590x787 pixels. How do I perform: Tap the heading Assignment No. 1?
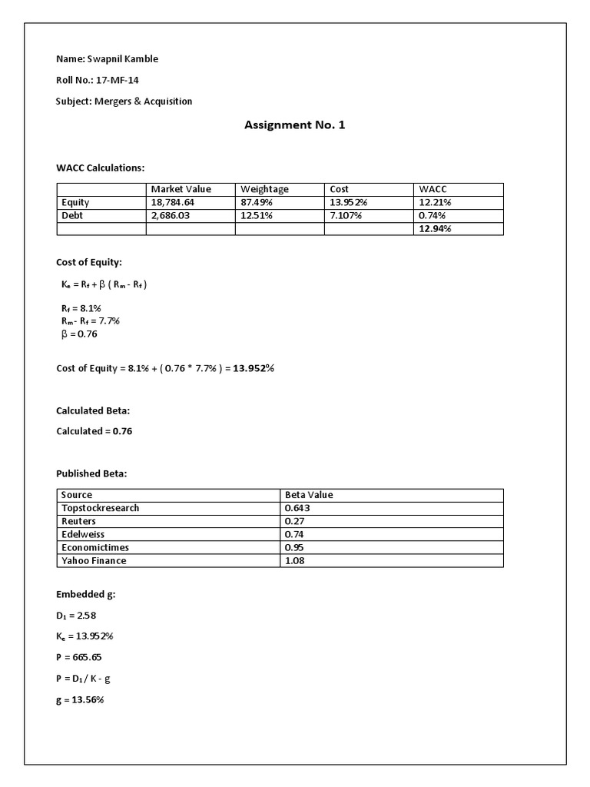[294, 125]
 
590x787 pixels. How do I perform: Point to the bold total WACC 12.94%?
[435, 229]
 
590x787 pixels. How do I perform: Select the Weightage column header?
[264, 189]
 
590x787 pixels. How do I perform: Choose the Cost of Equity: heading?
[89, 262]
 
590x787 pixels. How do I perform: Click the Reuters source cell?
[78, 521]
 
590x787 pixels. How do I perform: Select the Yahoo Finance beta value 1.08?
[297, 560]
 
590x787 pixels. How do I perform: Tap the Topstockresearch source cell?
[100, 508]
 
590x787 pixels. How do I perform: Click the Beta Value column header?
[309, 495]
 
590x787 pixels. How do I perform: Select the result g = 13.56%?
[79, 700]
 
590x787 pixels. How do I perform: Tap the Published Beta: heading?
[91, 473]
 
